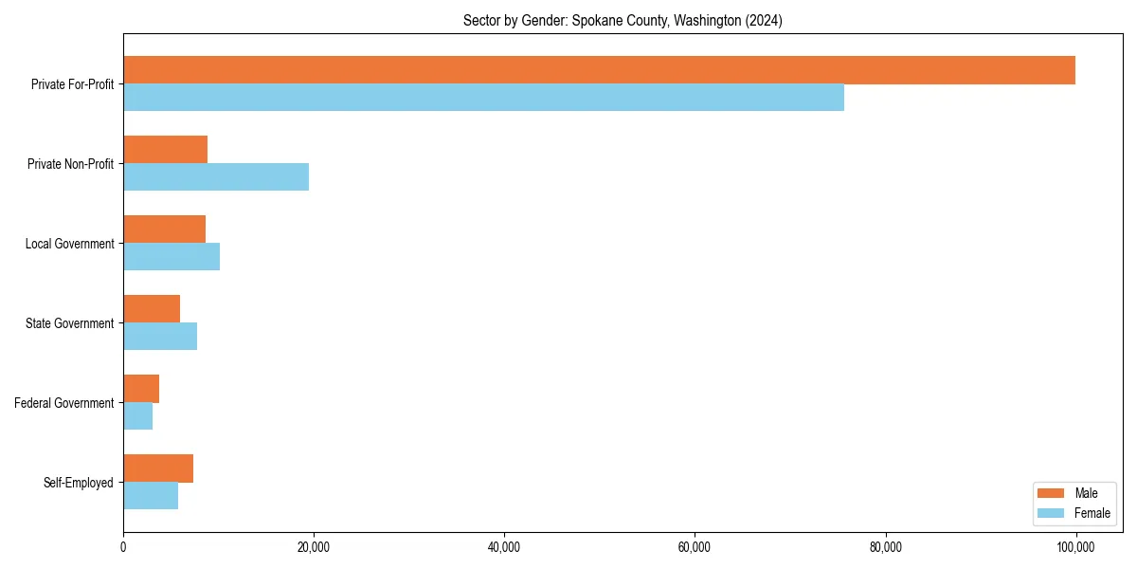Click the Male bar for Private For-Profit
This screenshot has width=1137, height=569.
pos(599,70)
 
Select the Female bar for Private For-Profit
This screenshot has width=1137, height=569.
pos(483,98)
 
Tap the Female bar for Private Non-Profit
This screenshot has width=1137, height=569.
pos(216,177)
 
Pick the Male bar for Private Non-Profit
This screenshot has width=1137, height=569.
pos(165,150)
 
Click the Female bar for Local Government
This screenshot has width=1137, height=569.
pos(171,257)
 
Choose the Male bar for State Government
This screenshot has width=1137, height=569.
pos(152,309)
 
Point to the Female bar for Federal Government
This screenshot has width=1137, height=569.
pos(137,416)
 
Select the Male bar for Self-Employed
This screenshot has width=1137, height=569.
pos(158,468)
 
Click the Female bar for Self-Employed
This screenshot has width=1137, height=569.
pos(151,496)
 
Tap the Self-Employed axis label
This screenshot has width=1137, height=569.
pos(78,483)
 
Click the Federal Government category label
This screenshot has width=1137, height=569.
pos(63,403)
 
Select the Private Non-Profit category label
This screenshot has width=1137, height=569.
pos(70,164)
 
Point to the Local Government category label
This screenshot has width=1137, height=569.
pos(69,244)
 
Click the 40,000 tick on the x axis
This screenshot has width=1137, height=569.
pos(504,547)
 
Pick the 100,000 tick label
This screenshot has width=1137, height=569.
pos(1075,547)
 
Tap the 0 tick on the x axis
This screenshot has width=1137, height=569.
pos(123,547)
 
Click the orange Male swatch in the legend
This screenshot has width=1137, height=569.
pos(1052,493)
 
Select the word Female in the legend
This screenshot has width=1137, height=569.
pos(1092,513)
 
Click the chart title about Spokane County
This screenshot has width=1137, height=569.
pos(623,20)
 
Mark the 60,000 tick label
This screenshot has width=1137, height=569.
pos(695,547)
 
